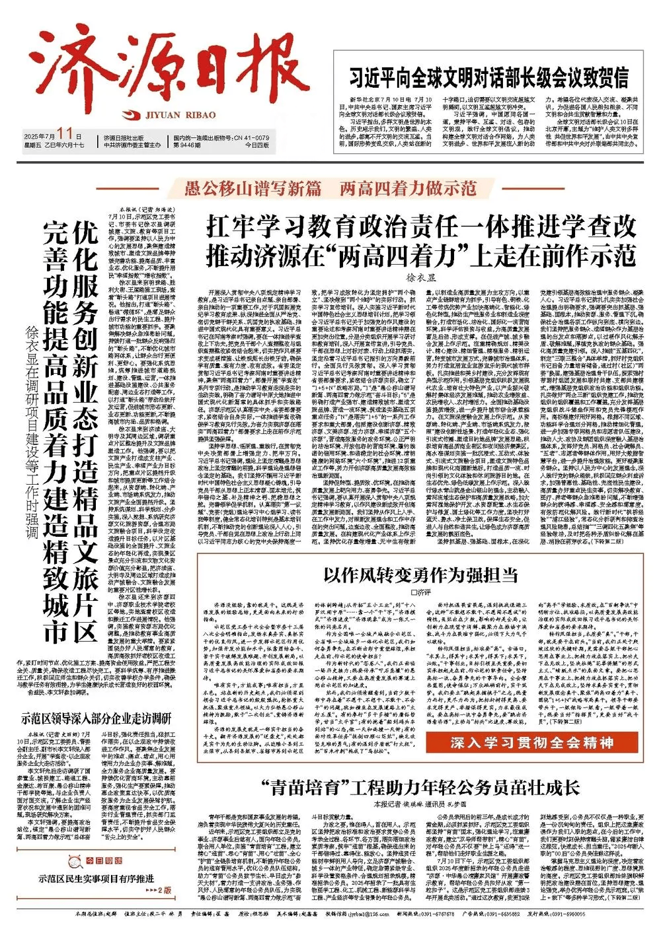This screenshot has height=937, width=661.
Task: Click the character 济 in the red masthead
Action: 69,61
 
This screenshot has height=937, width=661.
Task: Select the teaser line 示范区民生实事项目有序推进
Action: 97,897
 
